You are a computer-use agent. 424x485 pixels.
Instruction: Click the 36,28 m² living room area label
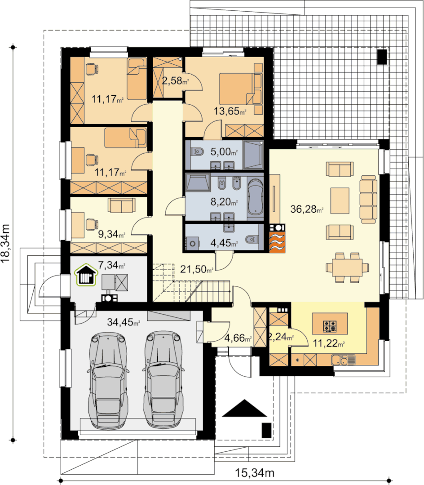click(307, 209)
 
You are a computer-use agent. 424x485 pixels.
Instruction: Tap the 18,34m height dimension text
click(5, 243)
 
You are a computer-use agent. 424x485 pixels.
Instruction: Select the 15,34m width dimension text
click(255, 473)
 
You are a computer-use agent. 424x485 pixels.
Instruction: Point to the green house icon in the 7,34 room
click(87, 275)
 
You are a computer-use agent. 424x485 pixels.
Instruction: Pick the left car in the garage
click(108, 380)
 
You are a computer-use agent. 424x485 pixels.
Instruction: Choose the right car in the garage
click(163, 379)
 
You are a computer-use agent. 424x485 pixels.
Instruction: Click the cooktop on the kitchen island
click(330, 327)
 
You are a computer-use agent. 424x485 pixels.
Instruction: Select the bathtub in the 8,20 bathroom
click(256, 197)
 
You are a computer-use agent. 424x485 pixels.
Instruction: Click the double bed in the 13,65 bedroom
click(241, 89)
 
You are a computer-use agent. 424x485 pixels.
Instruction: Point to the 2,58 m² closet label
click(175, 81)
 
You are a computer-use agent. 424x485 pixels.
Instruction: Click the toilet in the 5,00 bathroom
click(198, 151)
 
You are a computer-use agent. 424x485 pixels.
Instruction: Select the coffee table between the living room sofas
click(340, 200)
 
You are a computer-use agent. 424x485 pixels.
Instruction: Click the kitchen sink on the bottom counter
click(343, 360)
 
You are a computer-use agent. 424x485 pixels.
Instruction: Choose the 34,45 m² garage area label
click(124, 322)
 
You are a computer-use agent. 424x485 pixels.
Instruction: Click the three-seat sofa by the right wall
click(368, 199)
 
